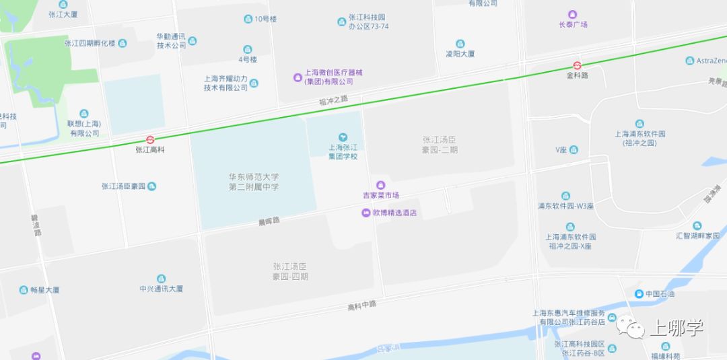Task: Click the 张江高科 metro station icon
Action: (149, 140)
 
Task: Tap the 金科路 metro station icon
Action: (577, 66)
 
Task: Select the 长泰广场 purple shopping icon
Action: (573, 14)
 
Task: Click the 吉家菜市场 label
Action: (381, 195)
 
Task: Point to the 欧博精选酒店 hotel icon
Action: (366, 213)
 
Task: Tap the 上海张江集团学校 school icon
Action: (343, 137)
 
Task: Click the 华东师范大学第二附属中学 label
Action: (253, 182)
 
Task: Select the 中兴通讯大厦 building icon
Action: (161, 279)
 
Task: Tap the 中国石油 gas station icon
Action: (638, 293)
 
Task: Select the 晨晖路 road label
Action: (269, 221)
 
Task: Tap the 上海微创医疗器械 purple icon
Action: (298, 77)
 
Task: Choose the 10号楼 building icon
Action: (248, 19)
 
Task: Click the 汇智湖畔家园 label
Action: (697, 236)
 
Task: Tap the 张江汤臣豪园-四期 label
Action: (290, 271)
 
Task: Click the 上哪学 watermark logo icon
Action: (633, 328)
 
